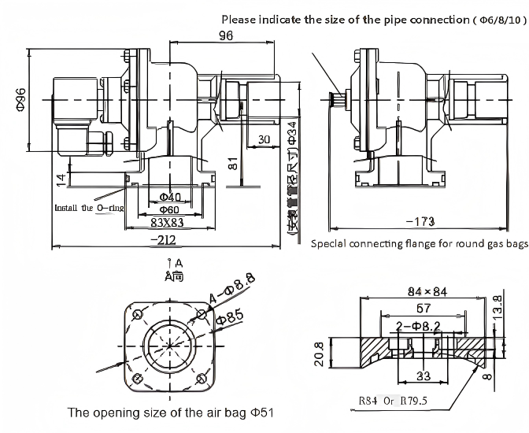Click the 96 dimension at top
227,35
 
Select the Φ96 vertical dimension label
21,101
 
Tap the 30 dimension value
264,139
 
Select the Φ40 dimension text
170,197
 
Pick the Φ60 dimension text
170,210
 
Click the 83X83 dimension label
168,223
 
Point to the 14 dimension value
61,178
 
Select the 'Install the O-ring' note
89,209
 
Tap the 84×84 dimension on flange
425,292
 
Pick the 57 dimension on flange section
423,308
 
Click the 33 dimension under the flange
423,376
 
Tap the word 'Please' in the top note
239,19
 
